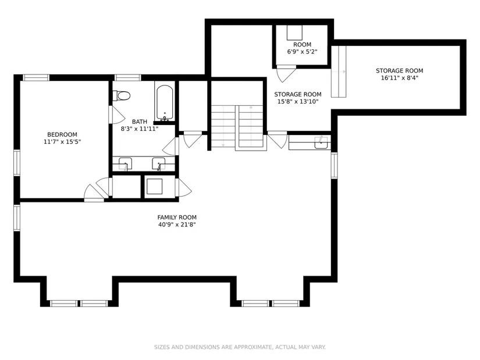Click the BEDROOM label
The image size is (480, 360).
tap(62, 134)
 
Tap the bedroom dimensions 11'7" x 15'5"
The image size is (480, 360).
tap(62, 142)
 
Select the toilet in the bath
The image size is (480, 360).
tap(122, 96)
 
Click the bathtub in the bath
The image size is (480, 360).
tap(165, 102)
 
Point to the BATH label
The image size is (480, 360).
tap(140, 122)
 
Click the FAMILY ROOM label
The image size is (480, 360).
tap(177, 218)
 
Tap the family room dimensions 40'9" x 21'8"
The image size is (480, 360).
tap(177, 224)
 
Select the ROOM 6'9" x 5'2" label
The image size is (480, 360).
tap(302, 48)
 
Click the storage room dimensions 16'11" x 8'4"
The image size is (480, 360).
tap(400, 78)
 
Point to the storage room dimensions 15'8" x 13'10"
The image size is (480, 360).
tap(298, 102)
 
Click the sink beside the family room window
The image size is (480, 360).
tap(321, 142)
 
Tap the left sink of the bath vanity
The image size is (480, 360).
tap(125, 164)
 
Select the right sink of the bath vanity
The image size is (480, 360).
tap(159, 164)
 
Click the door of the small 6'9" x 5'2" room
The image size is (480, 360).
tap(285, 73)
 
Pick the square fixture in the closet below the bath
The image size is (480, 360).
tap(154, 187)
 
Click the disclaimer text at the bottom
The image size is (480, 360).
tap(240, 347)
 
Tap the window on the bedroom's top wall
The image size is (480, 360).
tap(37, 77)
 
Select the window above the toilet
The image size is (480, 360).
tap(128, 77)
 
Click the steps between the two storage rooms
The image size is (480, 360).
tap(339, 72)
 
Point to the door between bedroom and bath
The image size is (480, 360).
tap(116, 115)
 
